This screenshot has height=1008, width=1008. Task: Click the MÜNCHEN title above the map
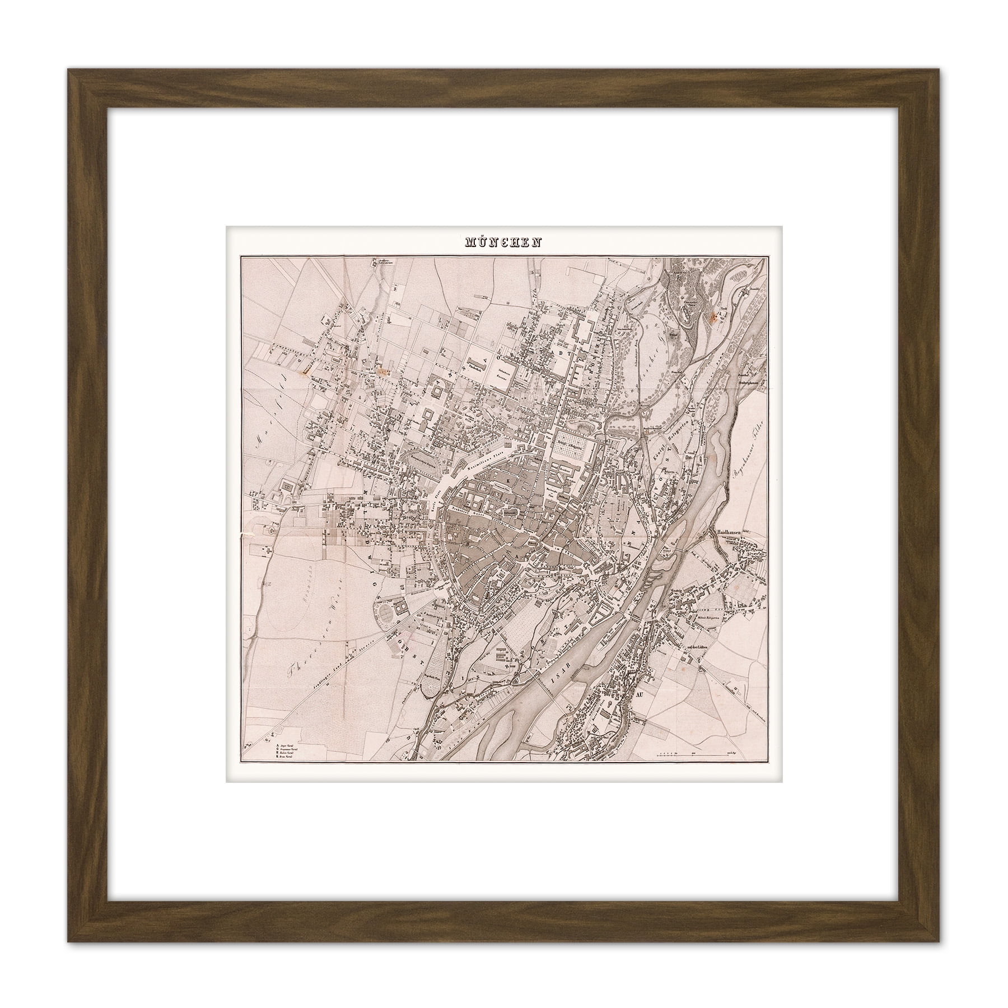(503, 243)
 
